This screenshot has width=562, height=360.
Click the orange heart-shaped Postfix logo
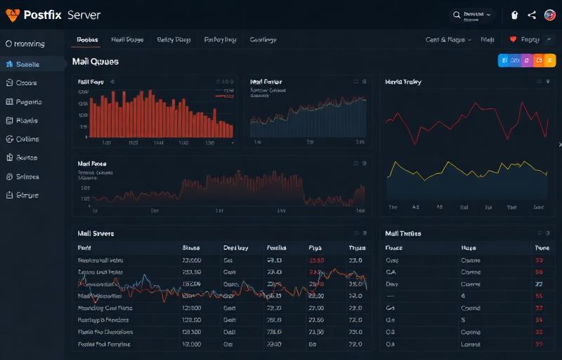pyautogui.click(x=13, y=15)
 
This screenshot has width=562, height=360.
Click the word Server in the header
pyautogui.click(x=84, y=15)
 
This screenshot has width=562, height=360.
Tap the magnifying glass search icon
pyautogui.click(x=457, y=15)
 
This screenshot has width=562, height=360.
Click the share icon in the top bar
pyautogui.click(x=532, y=15)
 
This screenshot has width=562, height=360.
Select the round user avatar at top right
pyautogui.click(x=549, y=15)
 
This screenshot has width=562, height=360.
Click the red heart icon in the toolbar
pyautogui.click(x=513, y=40)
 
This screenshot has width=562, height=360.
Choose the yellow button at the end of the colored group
pyautogui.click(x=549, y=61)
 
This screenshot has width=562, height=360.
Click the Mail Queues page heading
pyautogui.click(x=96, y=62)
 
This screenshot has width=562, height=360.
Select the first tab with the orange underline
pyautogui.click(x=87, y=40)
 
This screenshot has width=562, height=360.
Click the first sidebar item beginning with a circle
pyautogui.click(x=25, y=44)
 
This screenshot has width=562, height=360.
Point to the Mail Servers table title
pyautogui.click(x=96, y=233)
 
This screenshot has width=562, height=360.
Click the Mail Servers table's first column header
pyautogui.click(x=84, y=248)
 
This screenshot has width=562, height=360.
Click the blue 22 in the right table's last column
pyautogui.click(x=540, y=284)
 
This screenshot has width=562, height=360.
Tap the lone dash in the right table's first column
pyautogui.click(x=391, y=296)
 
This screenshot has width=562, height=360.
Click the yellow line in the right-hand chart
pyautogui.click(x=467, y=169)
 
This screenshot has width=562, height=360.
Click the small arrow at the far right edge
pyautogui.click(x=559, y=145)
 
